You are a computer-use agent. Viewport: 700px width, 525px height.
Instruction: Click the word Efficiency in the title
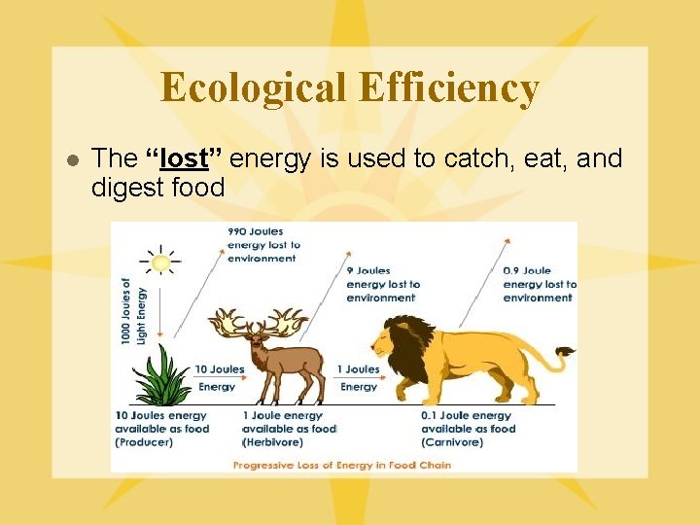point(448,87)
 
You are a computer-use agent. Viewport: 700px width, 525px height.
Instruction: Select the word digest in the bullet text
point(123,187)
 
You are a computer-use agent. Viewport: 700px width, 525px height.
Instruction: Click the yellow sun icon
point(160,262)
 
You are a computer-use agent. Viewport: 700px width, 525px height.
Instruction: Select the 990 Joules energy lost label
point(263,245)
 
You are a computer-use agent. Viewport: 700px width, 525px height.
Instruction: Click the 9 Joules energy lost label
point(382,284)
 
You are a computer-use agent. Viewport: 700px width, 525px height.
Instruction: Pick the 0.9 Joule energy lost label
point(540,284)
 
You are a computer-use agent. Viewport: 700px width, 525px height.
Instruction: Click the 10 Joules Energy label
point(219,377)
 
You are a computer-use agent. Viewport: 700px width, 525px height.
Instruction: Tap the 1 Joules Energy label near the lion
point(358,377)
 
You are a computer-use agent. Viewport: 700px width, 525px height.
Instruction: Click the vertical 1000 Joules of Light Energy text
point(132,310)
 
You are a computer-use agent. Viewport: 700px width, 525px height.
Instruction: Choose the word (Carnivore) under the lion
point(452,442)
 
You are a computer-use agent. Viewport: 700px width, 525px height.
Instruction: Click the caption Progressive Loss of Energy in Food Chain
point(341,465)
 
